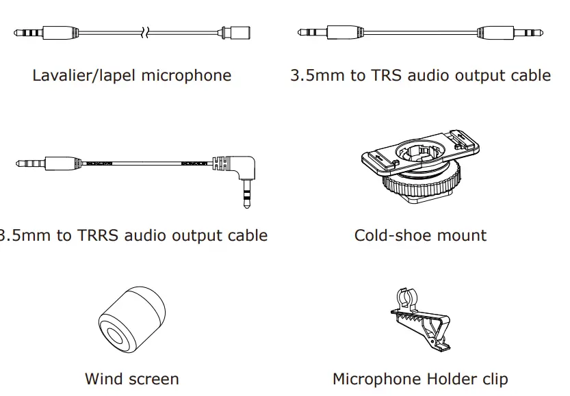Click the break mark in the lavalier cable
point(144,31)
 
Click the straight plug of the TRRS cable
point(34,163)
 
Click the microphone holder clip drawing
point(419,325)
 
